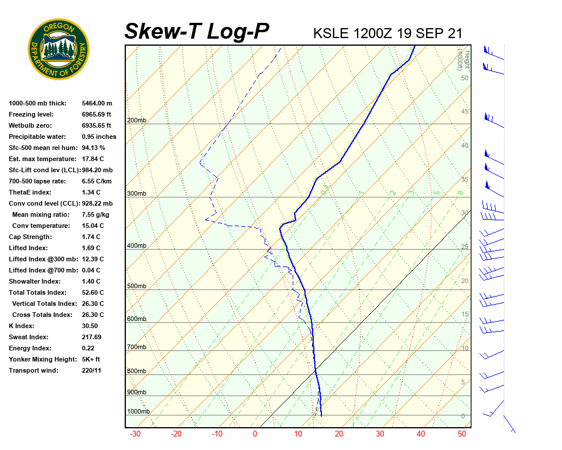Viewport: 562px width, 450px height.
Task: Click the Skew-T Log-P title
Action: (x=197, y=32)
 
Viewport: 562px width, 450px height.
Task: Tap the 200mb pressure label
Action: (x=136, y=121)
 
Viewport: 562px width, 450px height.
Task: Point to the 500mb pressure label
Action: (x=136, y=287)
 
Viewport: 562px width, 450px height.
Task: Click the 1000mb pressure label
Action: (x=138, y=411)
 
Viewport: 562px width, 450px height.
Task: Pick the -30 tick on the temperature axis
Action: (x=135, y=434)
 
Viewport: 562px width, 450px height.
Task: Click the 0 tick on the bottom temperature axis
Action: (x=255, y=434)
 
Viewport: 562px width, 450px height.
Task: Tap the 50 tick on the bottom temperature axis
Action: (x=462, y=434)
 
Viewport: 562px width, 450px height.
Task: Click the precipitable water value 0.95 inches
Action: (x=99, y=137)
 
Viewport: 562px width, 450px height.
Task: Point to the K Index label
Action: (x=22, y=326)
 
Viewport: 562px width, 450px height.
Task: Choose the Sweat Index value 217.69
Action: (x=91, y=337)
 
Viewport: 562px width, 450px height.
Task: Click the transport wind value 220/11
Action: (x=91, y=370)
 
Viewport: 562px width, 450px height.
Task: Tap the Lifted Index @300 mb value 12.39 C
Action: (x=93, y=259)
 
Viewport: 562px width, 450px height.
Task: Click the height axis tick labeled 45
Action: (x=465, y=112)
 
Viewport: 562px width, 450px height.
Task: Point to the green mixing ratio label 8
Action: (x=461, y=192)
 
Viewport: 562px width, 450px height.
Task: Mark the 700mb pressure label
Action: (x=136, y=347)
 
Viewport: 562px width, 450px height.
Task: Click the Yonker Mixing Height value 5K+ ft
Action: (x=91, y=359)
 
